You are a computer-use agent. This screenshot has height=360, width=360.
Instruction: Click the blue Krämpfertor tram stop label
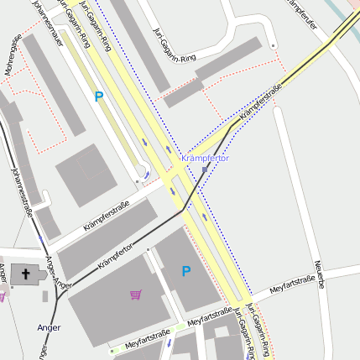(x=205, y=158)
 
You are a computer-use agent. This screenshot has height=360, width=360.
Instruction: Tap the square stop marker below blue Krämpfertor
(x=204, y=170)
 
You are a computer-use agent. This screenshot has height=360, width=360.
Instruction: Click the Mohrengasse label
(x=13, y=54)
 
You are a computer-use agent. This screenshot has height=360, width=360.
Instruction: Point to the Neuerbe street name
(x=320, y=274)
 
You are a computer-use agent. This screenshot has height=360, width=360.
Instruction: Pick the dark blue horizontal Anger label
(x=49, y=326)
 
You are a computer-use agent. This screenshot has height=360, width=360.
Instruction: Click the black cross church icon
(x=25, y=274)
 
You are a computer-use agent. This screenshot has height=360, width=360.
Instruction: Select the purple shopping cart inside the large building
(x=136, y=294)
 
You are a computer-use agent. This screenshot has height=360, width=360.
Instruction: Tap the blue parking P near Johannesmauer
(x=99, y=97)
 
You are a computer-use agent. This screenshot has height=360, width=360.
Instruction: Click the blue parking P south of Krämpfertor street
(x=186, y=270)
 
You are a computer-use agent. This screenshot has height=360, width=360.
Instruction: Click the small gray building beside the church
(x=44, y=296)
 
